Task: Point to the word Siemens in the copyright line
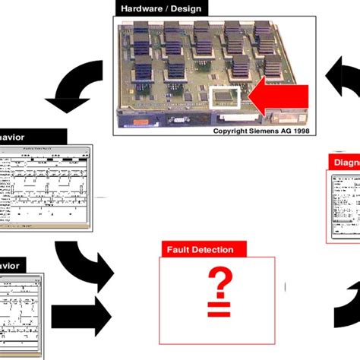pos(263,131)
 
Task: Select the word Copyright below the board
pos(230,131)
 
